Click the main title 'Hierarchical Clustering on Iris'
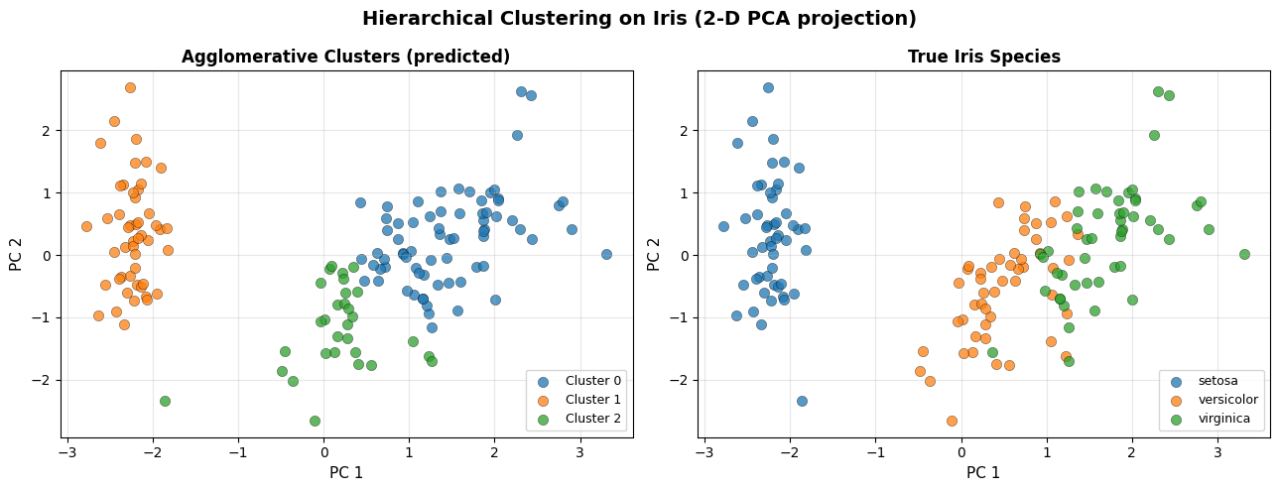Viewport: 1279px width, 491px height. pyautogui.click(x=639, y=19)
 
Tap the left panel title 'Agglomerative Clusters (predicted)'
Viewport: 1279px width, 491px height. pyautogui.click(x=345, y=57)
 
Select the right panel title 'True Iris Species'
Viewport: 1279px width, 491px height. pyautogui.click(x=983, y=57)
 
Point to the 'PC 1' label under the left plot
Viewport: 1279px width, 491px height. pyautogui.click(x=346, y=472)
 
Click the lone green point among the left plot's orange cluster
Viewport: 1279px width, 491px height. pyautogui.click(x=165, y=401)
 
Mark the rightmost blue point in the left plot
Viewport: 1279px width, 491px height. pyautogui.click(x=606, y=254)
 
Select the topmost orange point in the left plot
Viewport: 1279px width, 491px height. pyautogui.click(x=130, y=87)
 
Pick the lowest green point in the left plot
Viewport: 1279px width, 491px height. pyautogui.click(x=315, y=421)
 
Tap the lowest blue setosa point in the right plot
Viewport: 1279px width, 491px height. pyautogui.click(x=802, y=401)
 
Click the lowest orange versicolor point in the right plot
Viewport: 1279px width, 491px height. pyautogui.click(x=952, y=421)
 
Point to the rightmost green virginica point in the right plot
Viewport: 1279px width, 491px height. pyautogui.click(x=1244, y=254)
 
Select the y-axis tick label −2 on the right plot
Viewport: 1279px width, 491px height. pyautogui.click(x=685, y=380)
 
